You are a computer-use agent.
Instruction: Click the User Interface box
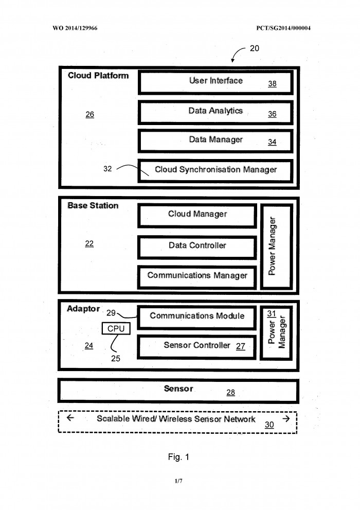215,83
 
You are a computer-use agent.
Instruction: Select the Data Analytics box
215,113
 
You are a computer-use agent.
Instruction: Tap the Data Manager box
215,141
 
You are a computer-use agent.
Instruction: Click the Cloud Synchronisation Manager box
215,170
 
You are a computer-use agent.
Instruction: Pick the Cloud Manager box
197,216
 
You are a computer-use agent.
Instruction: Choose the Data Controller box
197,247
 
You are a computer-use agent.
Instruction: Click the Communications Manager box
197,277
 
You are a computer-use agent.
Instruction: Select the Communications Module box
197,318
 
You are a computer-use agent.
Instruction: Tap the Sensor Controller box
197,347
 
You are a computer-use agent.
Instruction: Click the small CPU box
116,328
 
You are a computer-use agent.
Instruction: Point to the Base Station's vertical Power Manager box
277,246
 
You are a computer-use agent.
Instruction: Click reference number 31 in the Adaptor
272,313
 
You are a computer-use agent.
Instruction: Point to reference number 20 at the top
255,48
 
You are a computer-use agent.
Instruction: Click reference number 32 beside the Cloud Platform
107,168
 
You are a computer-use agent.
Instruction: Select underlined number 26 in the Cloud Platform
89,114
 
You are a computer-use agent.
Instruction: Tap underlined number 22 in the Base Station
89,243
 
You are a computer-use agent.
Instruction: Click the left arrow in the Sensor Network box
70,418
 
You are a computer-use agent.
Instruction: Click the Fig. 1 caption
178,457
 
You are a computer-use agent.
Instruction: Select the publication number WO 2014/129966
75,28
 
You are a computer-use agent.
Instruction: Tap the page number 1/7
178,481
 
